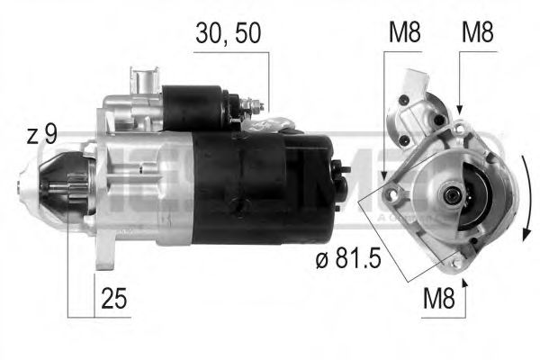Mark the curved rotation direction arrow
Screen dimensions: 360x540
pyautogui.click(x=524, y=193)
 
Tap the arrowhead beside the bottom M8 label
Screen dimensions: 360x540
pyautogui.click(x=465, y=284)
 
